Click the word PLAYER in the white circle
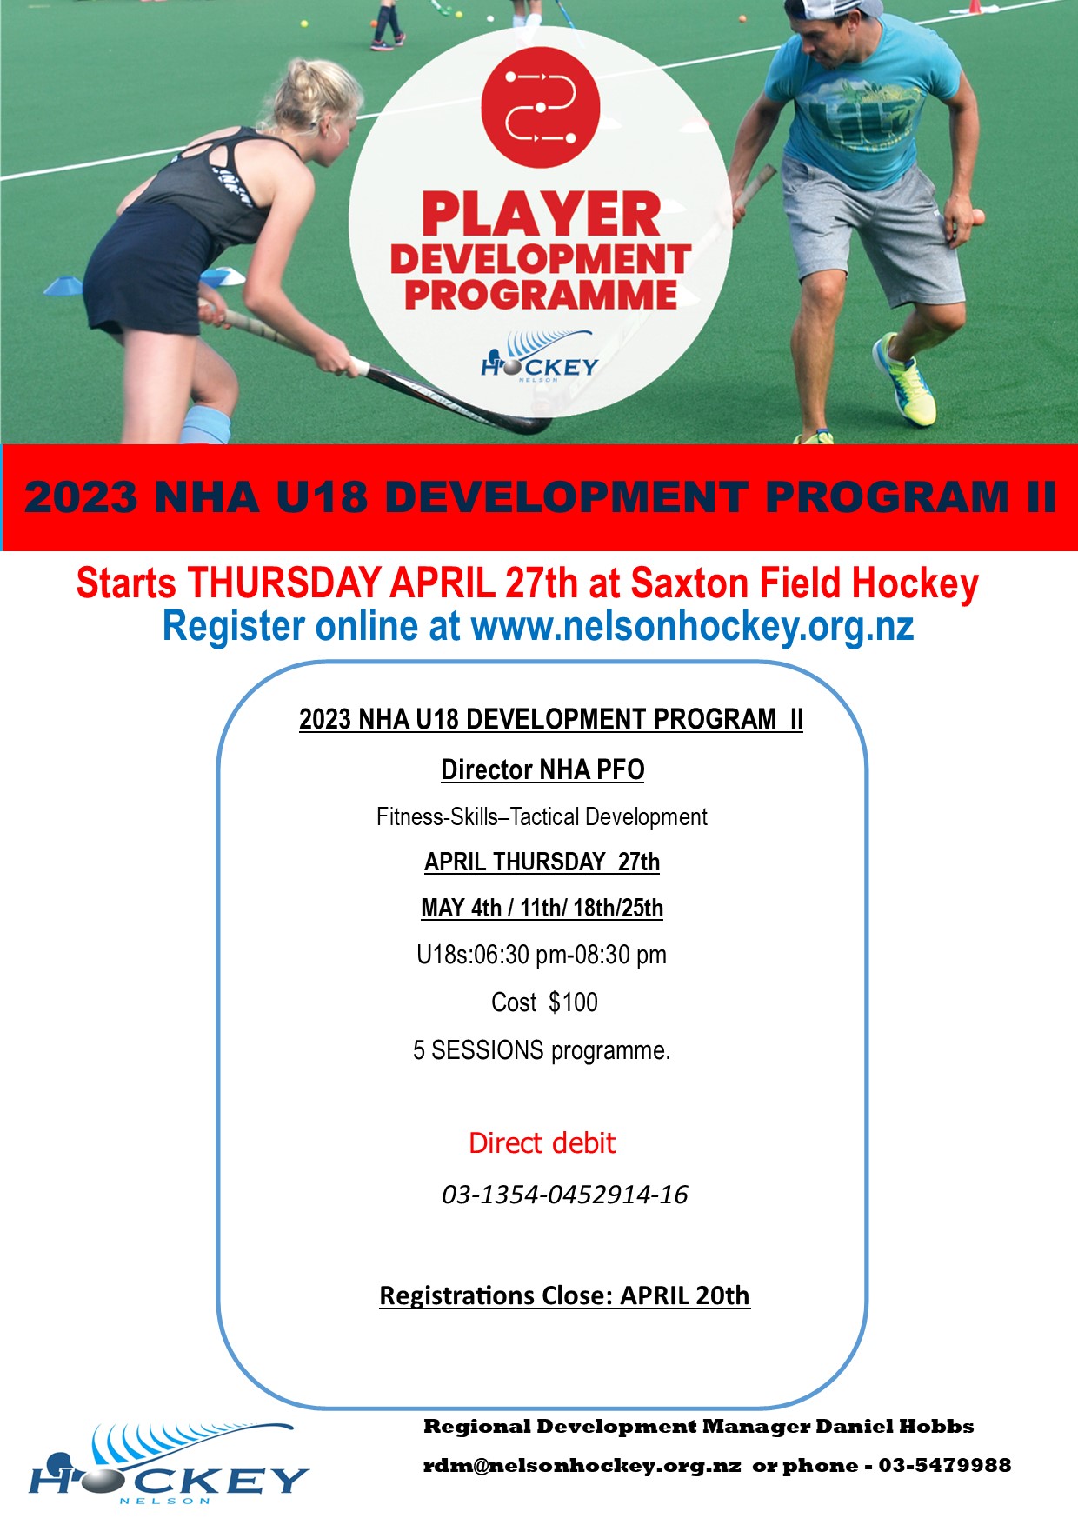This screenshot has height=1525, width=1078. point(541,215)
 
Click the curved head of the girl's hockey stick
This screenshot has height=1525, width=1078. point(522,424)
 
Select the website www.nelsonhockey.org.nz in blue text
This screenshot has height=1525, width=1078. point(692,626)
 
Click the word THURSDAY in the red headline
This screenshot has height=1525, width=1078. point(284,583)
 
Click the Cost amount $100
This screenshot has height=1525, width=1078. point(573,1002)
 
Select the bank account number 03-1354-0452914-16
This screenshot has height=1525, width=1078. point(565,1195)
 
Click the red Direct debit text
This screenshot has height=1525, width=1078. point(542,1142)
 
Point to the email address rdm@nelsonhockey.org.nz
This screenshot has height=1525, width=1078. point(582,1466)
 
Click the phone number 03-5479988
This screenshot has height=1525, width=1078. point(944,1466)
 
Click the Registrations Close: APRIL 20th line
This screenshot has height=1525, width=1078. point(564,1295)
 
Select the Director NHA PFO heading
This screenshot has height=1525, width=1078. point(542,769)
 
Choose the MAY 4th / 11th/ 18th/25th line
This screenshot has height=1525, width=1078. point(542,908)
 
